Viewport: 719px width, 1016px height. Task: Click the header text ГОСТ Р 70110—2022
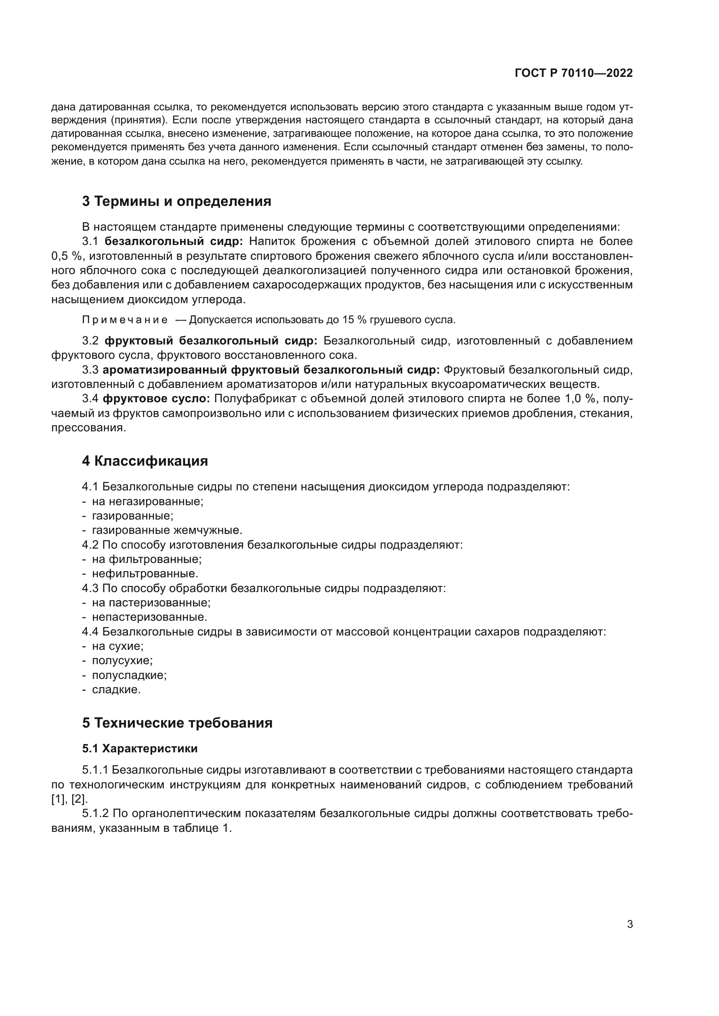[x=573, y=73]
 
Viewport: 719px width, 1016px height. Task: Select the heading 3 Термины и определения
[x=176, y=202]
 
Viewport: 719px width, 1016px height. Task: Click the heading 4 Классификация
[x=145, y=460]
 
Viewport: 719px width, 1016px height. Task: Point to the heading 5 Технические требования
[x=177, y=723]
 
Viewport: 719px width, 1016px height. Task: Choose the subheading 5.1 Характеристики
[x=140, y=748]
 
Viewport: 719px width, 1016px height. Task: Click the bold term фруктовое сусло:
[x=156, y=399]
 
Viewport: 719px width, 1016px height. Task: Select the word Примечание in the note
[x=125, y=320]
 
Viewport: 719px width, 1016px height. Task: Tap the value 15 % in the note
[x=354, y=320]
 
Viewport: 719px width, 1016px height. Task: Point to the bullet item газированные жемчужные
[x=167, y=530]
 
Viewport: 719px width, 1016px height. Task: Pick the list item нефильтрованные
[x=145, y=573]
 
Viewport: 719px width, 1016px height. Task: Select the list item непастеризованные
[x=149, y=617]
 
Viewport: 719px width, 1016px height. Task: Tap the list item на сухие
[x=117, y=646]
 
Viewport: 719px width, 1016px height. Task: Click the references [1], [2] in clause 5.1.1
[x=70, y=799]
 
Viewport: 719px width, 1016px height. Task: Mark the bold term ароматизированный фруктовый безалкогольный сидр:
[x=271, y=370]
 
